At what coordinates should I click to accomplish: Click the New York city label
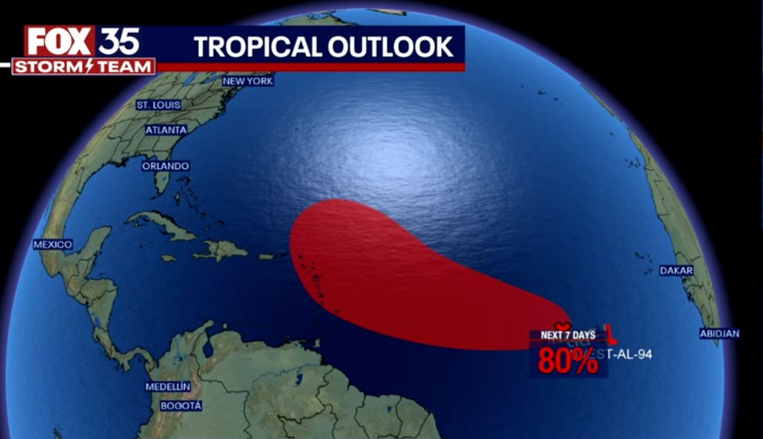(248, 81)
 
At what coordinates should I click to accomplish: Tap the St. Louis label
(158, 105)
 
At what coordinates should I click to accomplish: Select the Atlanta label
(166, 130)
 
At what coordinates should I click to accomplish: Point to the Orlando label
(166, 166)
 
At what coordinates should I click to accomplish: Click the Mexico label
(52, 245)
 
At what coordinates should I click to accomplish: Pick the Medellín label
(168, 387)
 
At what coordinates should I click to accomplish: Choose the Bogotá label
(181, 406)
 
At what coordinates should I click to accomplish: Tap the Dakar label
(676, 271)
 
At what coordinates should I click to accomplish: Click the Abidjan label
(719, 334)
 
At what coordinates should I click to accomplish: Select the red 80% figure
(567, 361)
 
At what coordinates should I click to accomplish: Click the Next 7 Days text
(568, 336)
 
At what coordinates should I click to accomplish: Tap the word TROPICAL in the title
(257, 47)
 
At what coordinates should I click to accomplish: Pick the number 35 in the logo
(119, 41)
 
